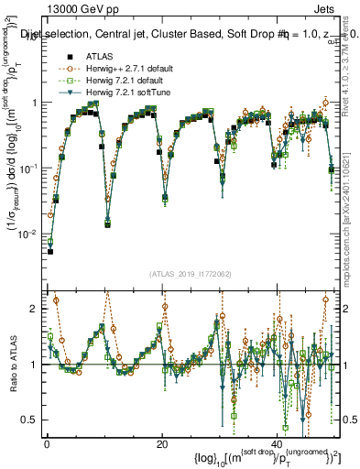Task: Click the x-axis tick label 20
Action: click(162, 443)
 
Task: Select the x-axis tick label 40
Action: click(278, 443)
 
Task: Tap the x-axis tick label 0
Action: click(47, 443)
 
